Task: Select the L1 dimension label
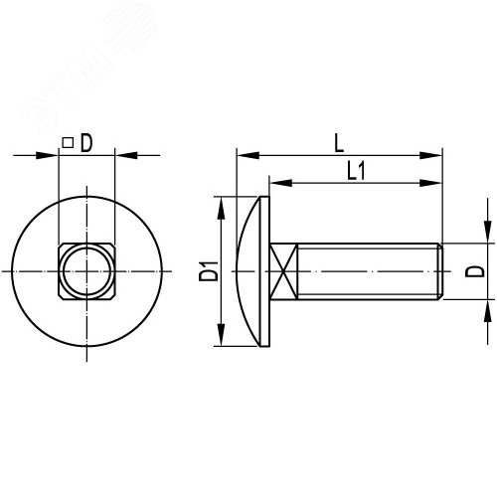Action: point(357,170)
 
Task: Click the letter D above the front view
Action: point(86,144)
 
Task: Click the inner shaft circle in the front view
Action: point(85,271)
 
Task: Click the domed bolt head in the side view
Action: point(254,271)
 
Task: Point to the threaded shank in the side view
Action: point(368,271)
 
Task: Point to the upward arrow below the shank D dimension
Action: point(488,310)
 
